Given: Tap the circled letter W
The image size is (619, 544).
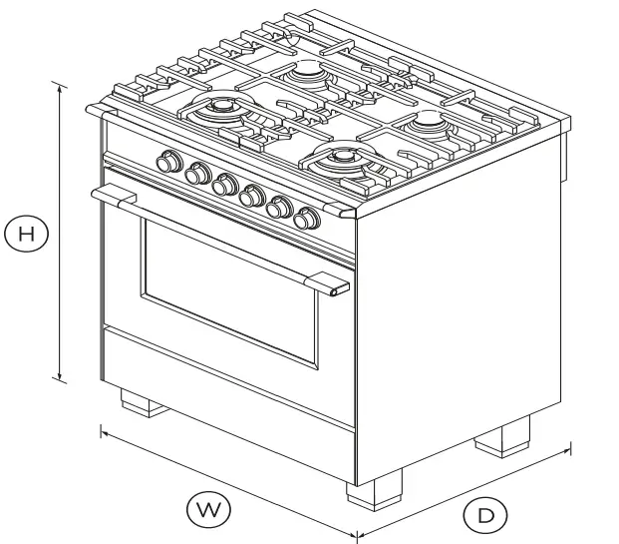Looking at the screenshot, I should [x=210, y=509].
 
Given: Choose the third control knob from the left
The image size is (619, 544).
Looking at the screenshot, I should [x=226, y=184].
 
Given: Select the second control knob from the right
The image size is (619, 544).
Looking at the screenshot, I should [x=282, y=206].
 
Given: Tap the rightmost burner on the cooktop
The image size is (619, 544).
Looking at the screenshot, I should [x=429, y=122].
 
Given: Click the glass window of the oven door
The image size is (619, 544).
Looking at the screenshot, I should [x=230, y=289].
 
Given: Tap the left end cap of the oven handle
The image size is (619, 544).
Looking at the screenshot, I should [x=98, y=193].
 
